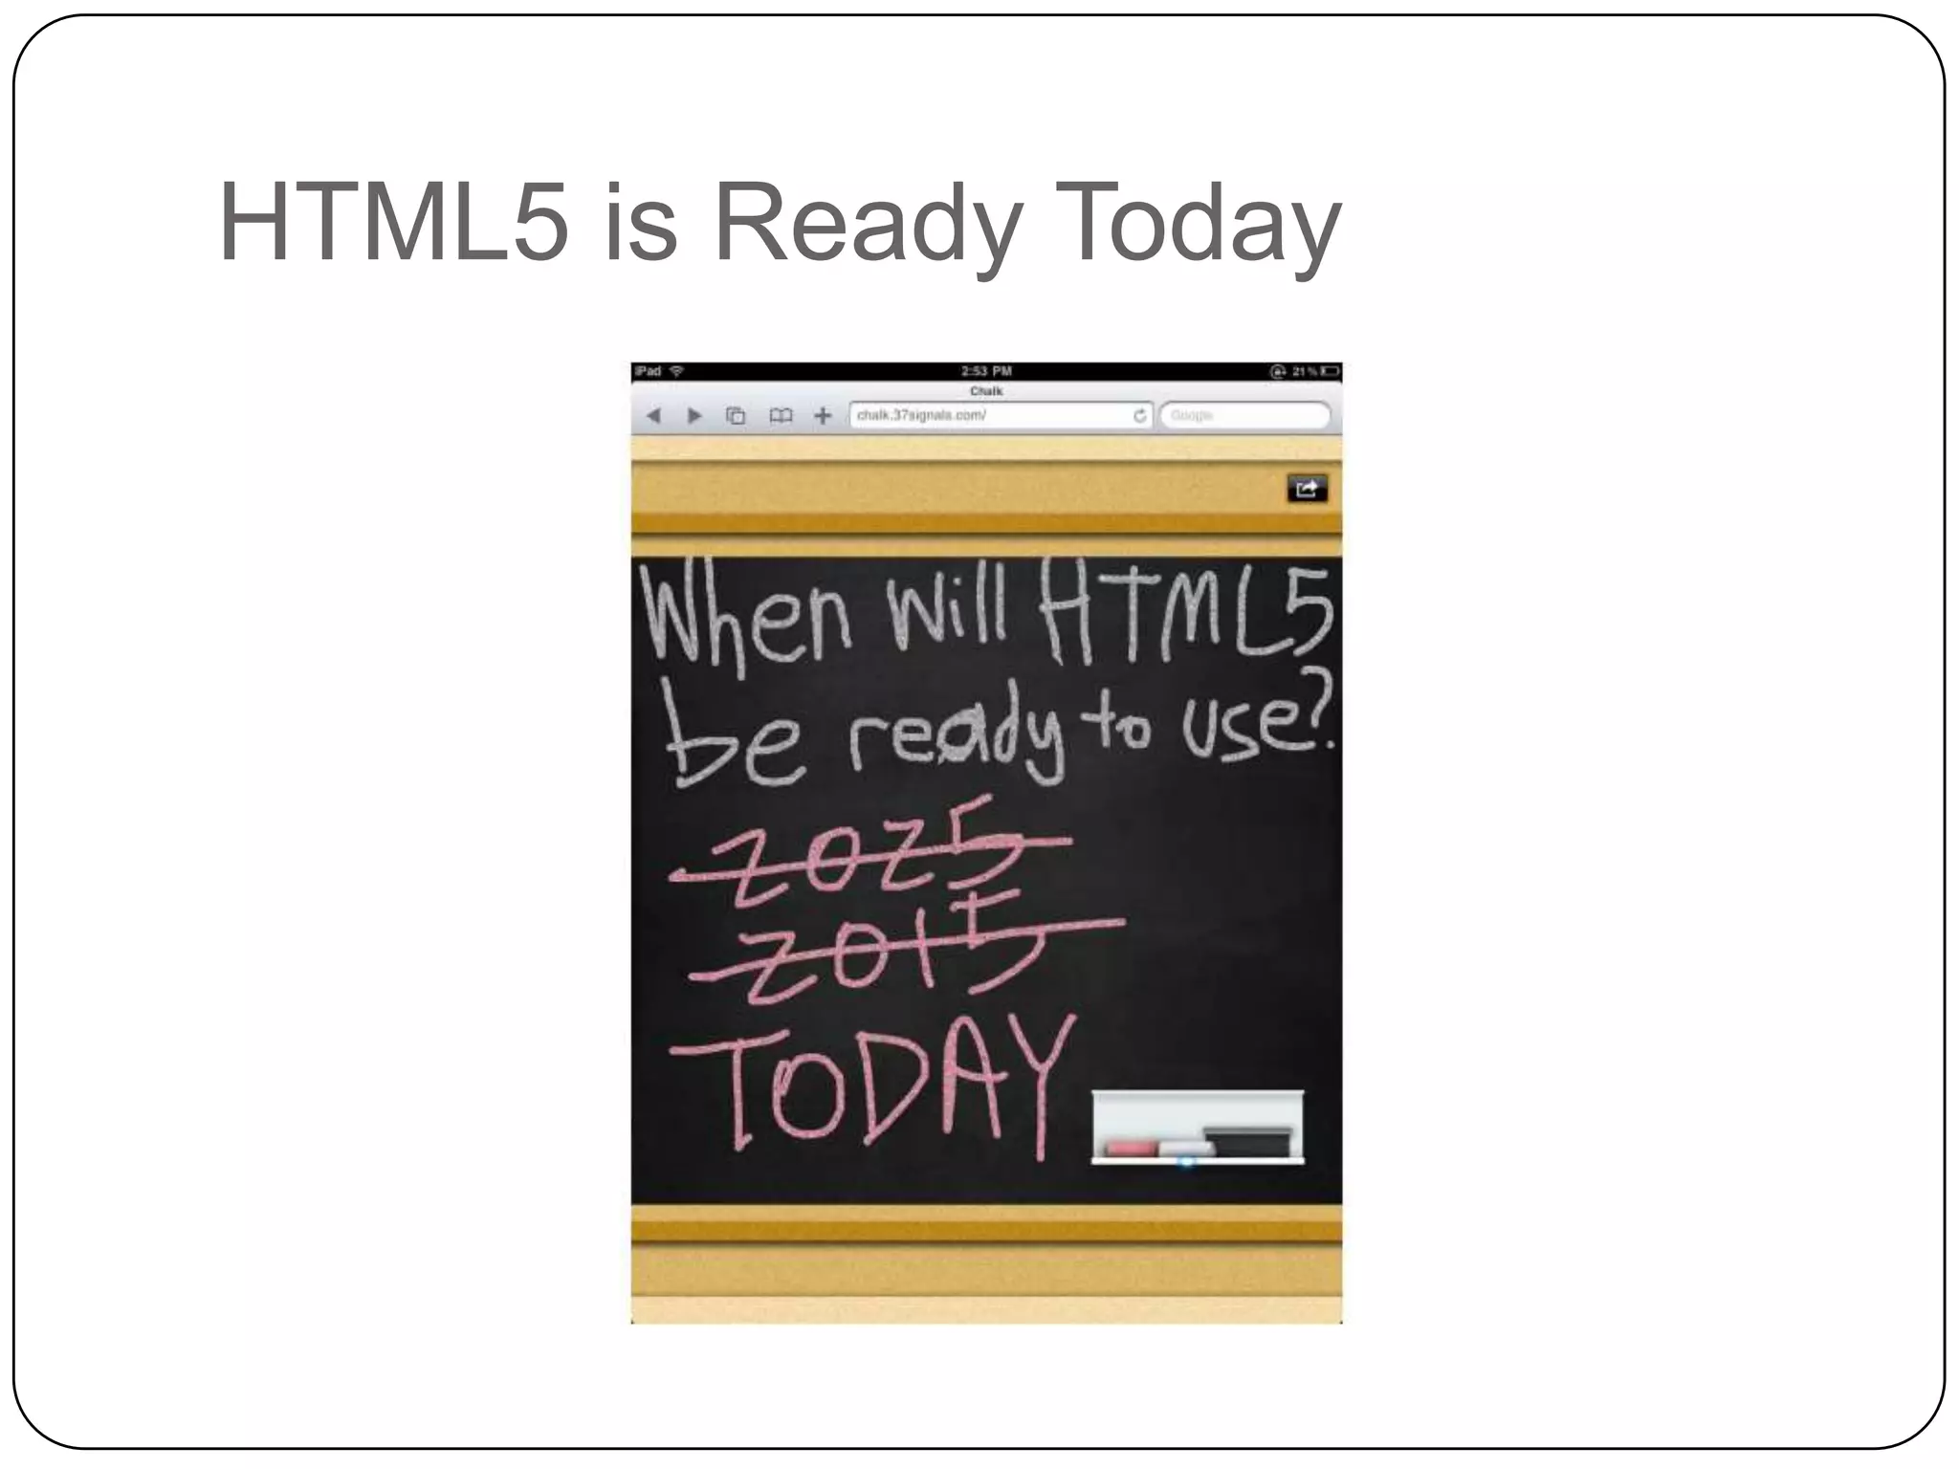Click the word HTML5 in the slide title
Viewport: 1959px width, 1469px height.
[393, 224]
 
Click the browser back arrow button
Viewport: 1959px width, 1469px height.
[653, 415]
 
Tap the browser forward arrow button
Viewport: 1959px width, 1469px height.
[695, 415]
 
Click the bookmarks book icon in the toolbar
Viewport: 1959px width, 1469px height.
[781, 415]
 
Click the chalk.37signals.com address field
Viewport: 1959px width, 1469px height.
[985, 415]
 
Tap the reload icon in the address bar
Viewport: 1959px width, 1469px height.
[1139, 415]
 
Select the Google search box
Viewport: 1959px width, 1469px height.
[1244, 415]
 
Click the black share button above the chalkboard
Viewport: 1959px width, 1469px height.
[1307, 489]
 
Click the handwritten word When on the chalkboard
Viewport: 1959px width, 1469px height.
[746, 620]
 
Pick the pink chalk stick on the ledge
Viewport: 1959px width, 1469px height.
[1132, 1147]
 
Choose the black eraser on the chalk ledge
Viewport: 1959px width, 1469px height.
[1247, 1140]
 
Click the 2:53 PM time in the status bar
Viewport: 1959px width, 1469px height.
[986, 371]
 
